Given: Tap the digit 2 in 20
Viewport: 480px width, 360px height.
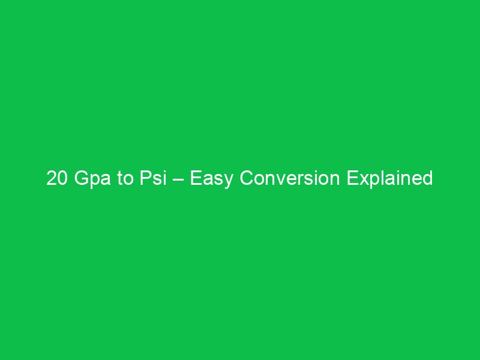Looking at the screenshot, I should (52, 179).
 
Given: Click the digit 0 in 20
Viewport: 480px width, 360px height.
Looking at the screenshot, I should (61, 179).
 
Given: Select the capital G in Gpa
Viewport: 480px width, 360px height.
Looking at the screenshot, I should (79, 179).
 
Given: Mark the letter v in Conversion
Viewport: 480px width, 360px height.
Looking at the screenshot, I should (280, 181).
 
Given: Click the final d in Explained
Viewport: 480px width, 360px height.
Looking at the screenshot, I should (428, 179).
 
